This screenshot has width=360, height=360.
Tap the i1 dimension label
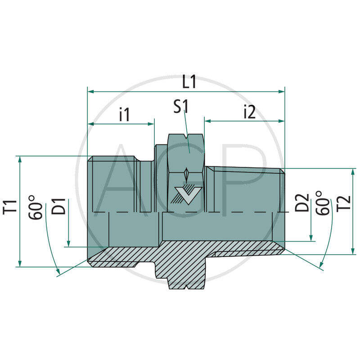tap(124, 115)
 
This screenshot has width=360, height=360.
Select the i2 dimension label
tap(249, 112)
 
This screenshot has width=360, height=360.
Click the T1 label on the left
tap(12, 206)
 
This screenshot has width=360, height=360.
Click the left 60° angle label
tap(38, 207)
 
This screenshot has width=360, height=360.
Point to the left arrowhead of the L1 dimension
tap(90, 91)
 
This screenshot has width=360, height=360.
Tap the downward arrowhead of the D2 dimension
tap(311, 238)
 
